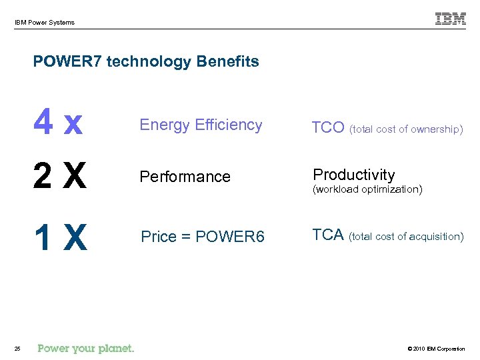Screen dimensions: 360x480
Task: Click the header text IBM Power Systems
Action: pos(45,23)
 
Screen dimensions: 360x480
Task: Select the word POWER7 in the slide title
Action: pos(67,62)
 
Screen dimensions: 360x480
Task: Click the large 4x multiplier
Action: pos(59,125)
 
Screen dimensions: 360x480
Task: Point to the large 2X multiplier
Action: pos(60,177)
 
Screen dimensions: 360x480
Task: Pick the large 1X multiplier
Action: pos(60,237)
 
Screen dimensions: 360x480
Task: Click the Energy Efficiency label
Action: pos(201,125)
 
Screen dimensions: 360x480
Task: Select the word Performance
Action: pos(185,177)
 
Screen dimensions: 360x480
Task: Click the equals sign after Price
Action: pos(191,237)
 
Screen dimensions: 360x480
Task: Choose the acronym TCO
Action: pos(329,128)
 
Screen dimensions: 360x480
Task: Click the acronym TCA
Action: pos(328,235)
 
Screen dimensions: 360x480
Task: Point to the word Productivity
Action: pos(354,175)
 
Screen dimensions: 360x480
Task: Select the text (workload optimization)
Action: pos(367,189)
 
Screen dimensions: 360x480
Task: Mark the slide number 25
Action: pos(18,348)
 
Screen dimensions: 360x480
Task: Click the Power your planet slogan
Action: pos(86,348)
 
